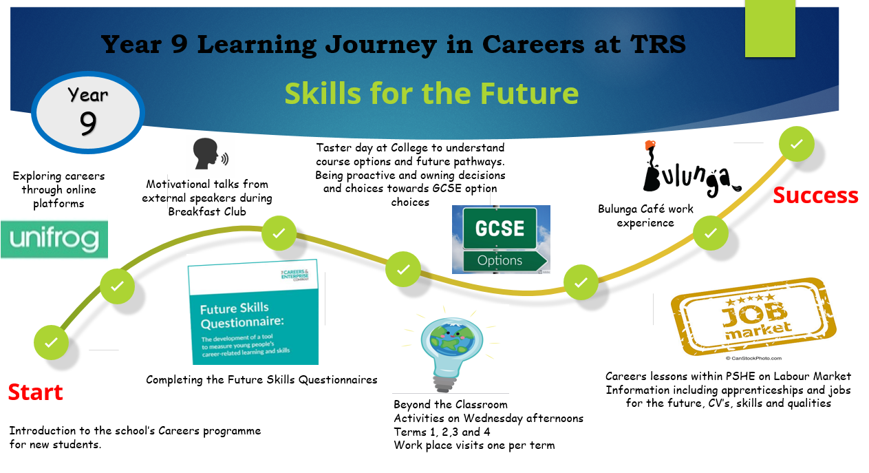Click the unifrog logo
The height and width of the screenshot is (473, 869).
pos(54,239)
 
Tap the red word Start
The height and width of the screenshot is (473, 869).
pos(35,392)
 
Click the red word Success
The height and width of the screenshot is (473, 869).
pos(815,196)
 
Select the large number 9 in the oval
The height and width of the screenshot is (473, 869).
pos(88,123)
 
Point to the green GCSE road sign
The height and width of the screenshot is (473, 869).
pos(500,229)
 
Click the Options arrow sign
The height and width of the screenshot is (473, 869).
pos(505,260)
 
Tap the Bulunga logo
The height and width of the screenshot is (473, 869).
pos(691,169)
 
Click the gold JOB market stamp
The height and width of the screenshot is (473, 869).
pos(753,317)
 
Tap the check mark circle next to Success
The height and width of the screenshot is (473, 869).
pos(797,144)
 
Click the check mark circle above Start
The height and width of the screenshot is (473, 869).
pos(51,342)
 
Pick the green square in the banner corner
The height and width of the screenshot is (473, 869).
pos(770,28)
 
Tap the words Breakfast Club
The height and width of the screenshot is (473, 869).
pos(207,211)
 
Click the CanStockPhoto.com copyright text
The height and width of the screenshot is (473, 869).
pos(753,359)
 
